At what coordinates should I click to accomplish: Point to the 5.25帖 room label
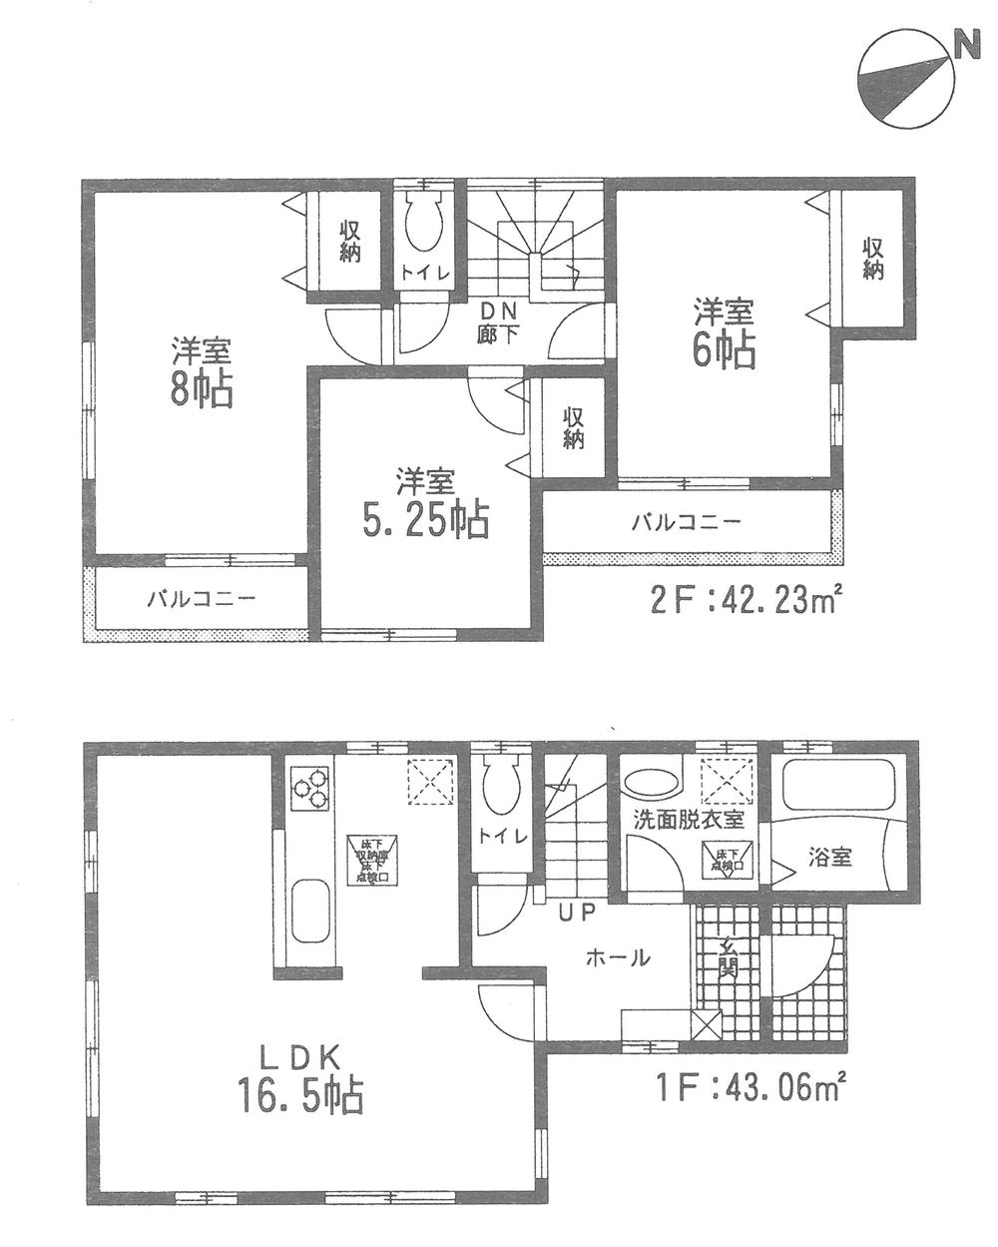(426, 504)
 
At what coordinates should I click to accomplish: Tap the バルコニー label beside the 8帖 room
(203, 600)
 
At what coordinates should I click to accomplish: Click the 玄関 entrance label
(728, 958)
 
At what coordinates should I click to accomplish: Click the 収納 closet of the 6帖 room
(873, 259)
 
